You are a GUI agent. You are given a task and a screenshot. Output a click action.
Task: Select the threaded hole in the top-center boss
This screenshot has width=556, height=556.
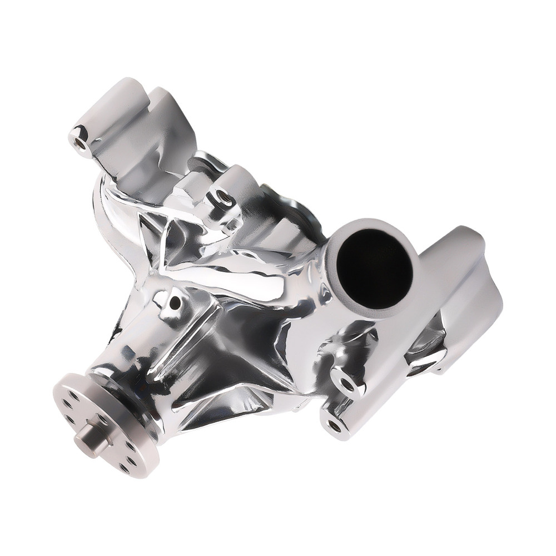point(222,196)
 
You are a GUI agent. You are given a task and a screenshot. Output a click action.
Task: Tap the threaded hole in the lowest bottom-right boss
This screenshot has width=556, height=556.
point(334,425)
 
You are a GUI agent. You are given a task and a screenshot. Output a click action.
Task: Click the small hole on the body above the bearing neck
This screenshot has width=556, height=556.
point(175,303)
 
